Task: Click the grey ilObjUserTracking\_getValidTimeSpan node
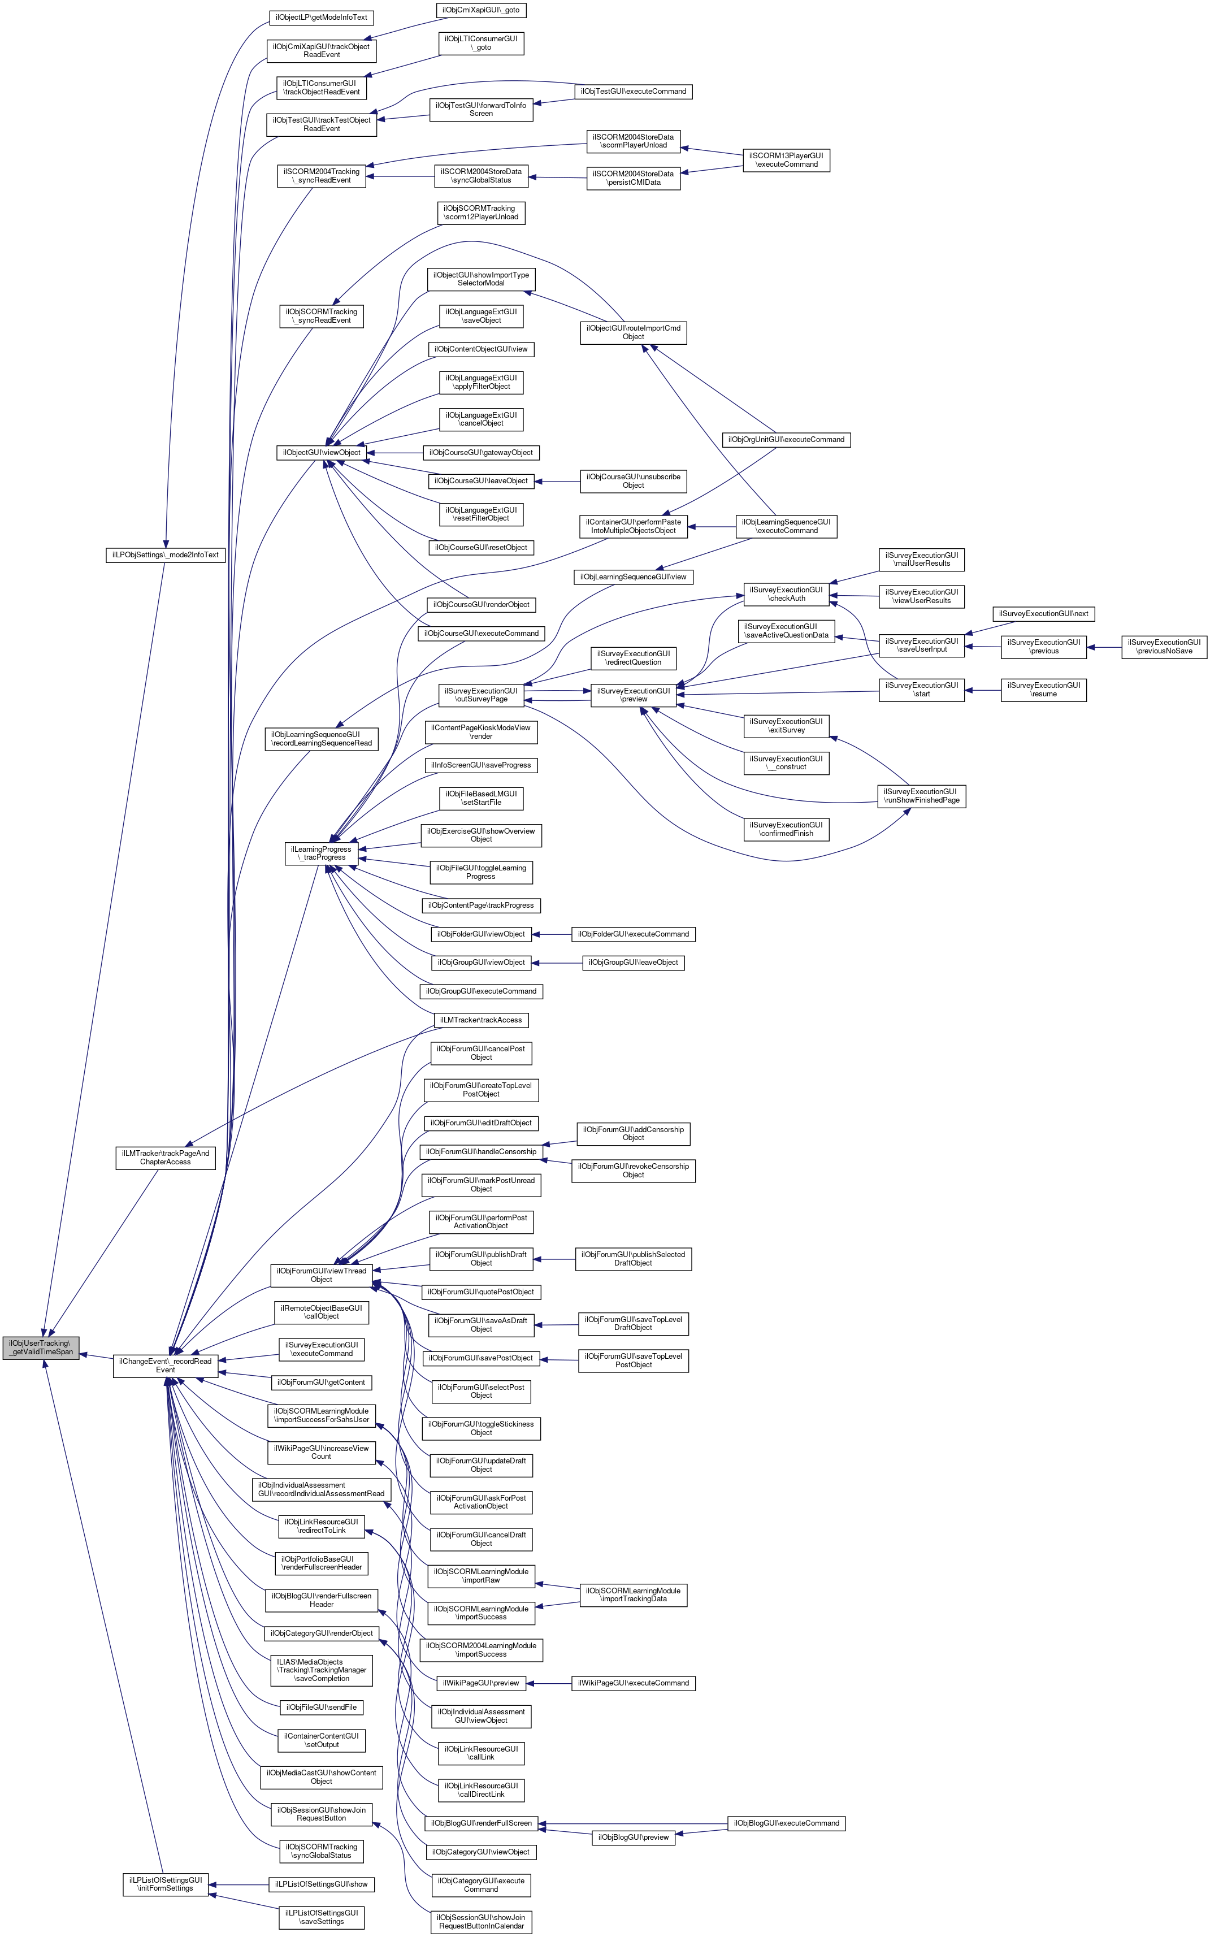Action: [41, 1347]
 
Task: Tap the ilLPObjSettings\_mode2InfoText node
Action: [166, 554]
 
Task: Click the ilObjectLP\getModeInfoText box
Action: [321, 17]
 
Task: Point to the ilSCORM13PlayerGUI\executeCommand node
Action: [786, 160]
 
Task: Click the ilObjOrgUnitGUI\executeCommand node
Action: [786, 439]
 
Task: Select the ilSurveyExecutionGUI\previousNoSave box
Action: [1164, 647]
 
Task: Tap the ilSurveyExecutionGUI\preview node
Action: [633, 695]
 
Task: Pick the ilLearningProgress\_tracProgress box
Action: [322, 853]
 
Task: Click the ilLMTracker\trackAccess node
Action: [481, 1020]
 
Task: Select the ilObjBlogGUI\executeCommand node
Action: [786, 1823]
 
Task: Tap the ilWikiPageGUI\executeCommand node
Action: [633, 1683]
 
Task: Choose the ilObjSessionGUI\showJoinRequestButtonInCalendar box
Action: [481, 1922]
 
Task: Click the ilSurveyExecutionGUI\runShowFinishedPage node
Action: [921, 796]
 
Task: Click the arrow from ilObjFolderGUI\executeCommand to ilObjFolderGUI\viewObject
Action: [552, 934]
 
